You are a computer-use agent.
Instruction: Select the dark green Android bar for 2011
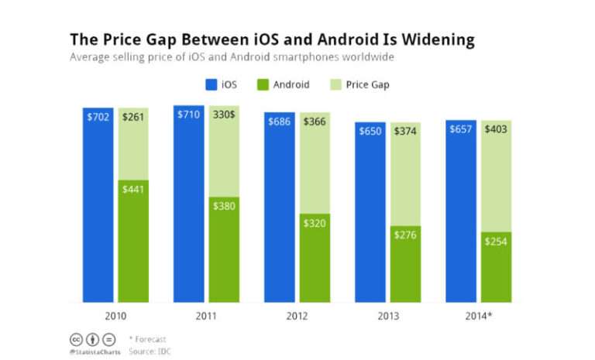click(x=224, y=252)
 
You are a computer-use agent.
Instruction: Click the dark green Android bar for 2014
click(x=496, y=271)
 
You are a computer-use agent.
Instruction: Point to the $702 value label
click(x=98, y=117)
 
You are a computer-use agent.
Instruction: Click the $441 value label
click(x=133, y=190)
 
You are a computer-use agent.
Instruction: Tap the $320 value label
click(x=315, y=224)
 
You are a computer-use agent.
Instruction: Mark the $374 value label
click(x=405, y=131)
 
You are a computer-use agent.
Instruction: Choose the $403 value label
click(x=496, y=129)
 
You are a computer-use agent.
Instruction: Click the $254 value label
click(x=496, y=242)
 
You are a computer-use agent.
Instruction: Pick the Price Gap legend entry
click(x=360, y=84)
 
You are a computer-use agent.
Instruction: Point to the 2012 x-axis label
click(x=297, y=316)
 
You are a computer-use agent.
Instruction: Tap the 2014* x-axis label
click(x=478, y=316)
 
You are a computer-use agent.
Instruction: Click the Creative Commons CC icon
click(x=76, y=339)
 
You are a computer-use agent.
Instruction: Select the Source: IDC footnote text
click(x=150, y=351)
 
